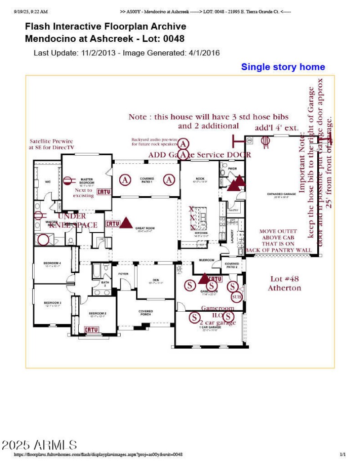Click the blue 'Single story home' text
283,67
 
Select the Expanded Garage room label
281,195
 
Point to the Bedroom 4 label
52,264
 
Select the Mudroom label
206,260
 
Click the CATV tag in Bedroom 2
91,330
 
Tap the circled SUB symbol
236,297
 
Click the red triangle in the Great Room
126,222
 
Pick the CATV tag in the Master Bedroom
104,192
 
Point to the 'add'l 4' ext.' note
277,128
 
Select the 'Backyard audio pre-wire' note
153,142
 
